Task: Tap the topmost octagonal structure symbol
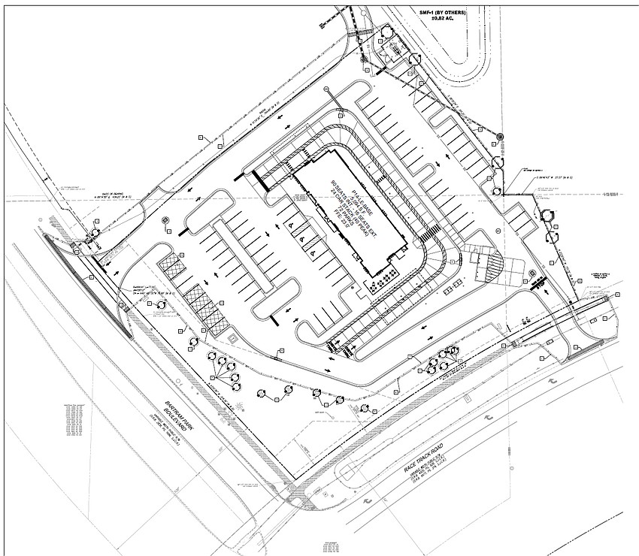coord(386,31)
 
